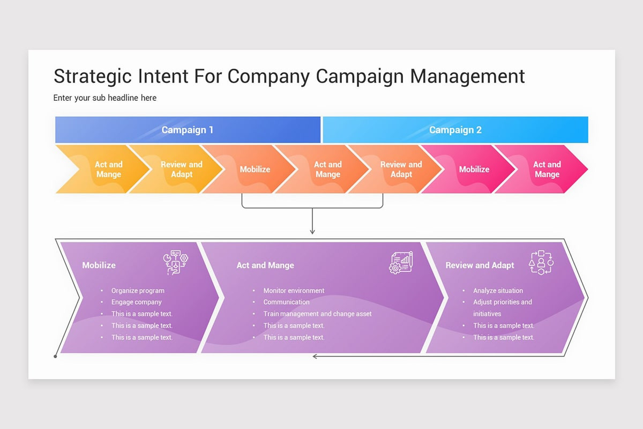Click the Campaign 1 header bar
coord(188,130)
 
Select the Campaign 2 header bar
coord(455,130)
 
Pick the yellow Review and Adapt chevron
coord(182,169)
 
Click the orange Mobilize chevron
coord(255,169)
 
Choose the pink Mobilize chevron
coord(474,169)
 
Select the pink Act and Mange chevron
coord(547,169)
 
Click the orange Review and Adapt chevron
coord(401,169)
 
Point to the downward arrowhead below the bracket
coord(312,231)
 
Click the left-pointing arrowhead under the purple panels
coord(316,356)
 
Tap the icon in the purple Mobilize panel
coord(176,263)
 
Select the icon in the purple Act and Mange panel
coord(401,263)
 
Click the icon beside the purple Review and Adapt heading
coord(541,262)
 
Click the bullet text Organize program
coord(138,291)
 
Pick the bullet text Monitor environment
coord(294,291)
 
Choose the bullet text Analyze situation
coord(498,291)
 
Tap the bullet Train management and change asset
coord(317,314)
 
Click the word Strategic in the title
coord(92,76)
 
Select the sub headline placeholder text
coord(105,98)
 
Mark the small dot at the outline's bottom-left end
coord(55,356)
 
